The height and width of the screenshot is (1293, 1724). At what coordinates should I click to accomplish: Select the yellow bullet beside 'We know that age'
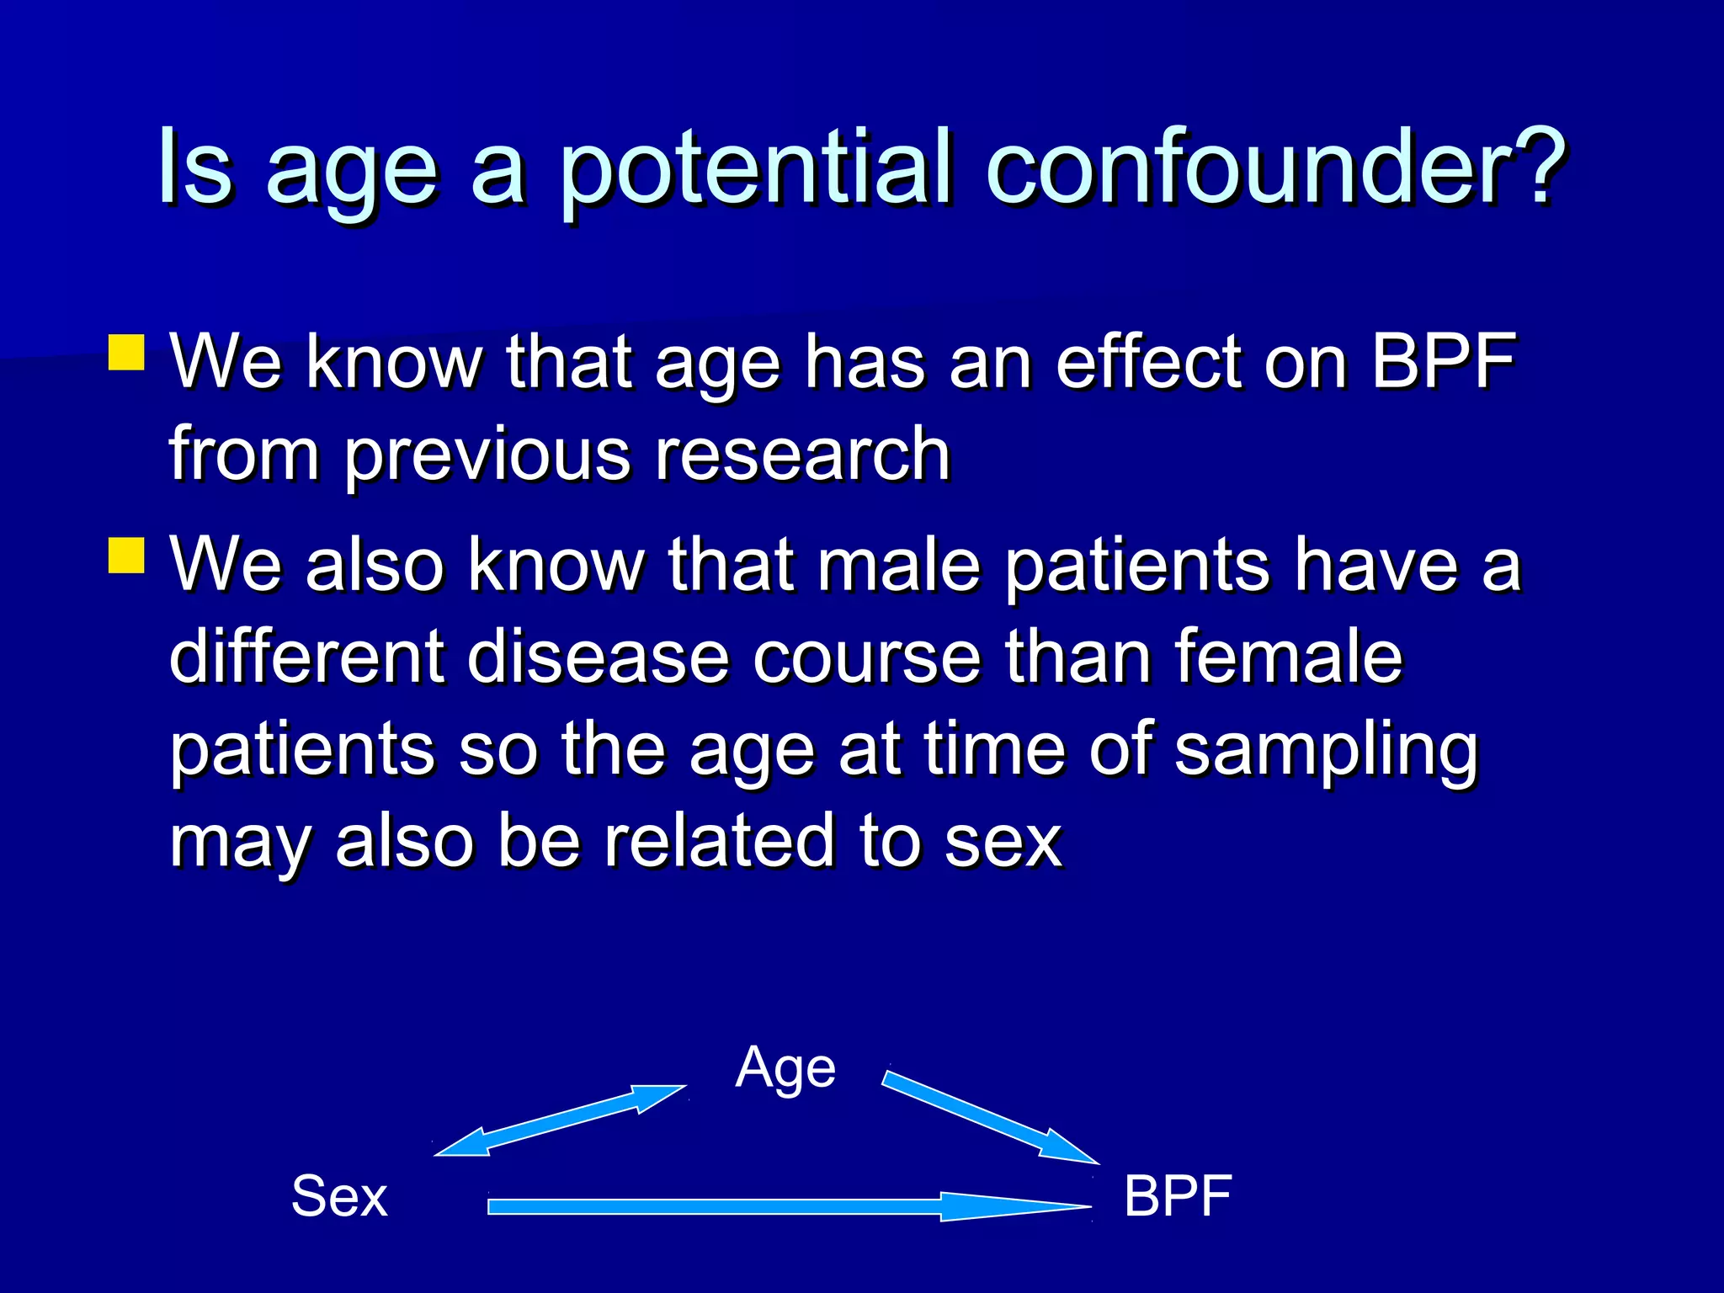126,353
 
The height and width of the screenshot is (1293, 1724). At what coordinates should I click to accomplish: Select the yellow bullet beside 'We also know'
126,556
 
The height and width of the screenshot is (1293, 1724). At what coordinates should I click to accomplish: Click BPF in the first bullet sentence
1443,362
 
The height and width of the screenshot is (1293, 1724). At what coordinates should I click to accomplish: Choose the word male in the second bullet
899,565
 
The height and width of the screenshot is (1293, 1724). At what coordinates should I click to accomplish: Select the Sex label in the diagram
339,1196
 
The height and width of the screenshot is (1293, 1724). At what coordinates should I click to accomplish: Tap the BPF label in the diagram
1178,1196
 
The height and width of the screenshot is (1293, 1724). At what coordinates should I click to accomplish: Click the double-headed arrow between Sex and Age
560,1120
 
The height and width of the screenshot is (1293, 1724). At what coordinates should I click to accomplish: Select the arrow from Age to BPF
989,1118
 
